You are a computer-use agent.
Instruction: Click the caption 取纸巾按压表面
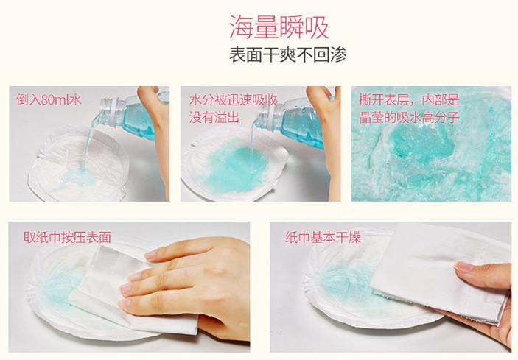click(67, 237)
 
